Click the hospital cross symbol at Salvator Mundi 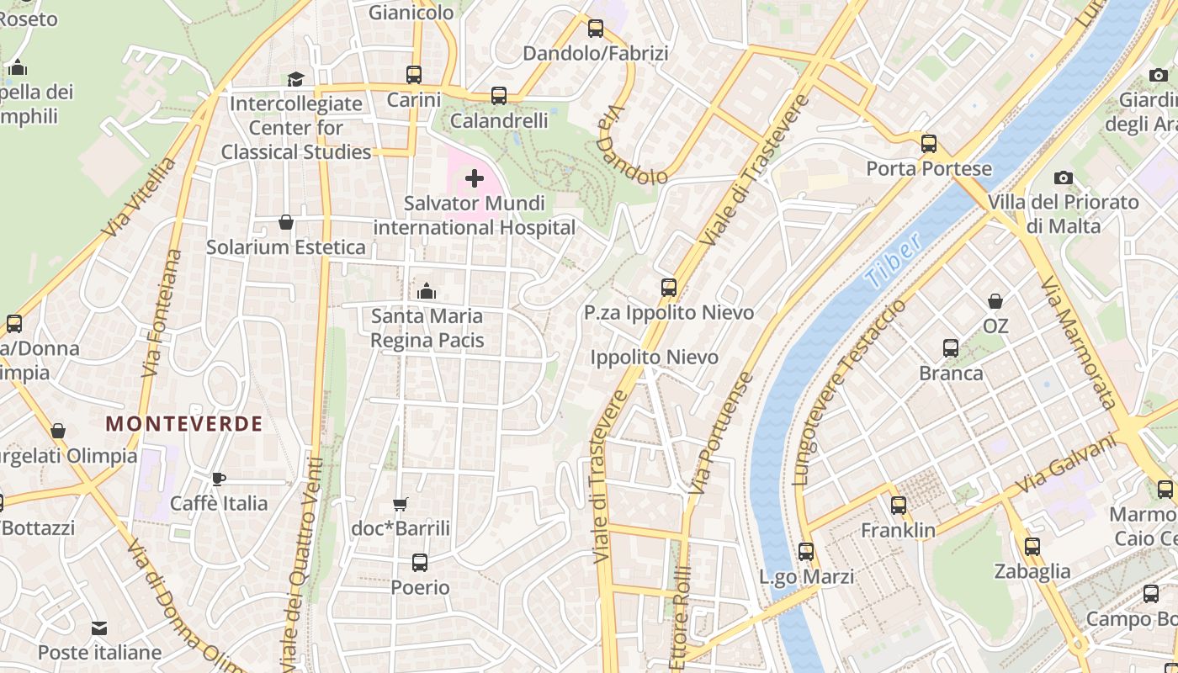click(x=475, y=178)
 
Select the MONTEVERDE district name click(x=184, y=424)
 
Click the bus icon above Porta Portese click(x=929, y=144)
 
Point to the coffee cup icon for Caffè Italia click(x=219, y=479)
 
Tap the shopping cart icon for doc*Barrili click(x=401, y=504)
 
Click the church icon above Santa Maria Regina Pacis click(x=427, y=291)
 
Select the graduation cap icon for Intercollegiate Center click(x=295, y=79)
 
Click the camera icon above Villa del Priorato click(x=1064, y=178)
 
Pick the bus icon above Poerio click(x=419, y=562)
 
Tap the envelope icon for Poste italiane click(x=99, y=628)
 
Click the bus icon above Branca click(x=951, y=348)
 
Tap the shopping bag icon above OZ click(x=995, y=300)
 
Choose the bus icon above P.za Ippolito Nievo click(x=669, y=288)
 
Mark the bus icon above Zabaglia click(x=1032, y=547)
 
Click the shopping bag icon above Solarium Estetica click(x=286, y=222)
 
